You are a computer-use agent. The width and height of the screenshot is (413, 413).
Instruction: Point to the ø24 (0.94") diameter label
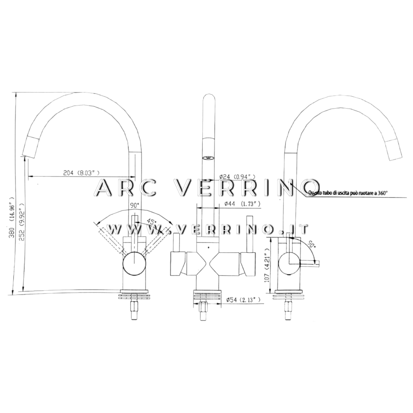237,176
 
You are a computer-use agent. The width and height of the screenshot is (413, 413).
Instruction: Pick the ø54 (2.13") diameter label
244,300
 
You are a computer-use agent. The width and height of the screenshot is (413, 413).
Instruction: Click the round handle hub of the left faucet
134,264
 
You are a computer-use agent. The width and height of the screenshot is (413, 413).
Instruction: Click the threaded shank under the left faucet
134,311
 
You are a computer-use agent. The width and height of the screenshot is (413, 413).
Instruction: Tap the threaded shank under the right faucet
288,311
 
